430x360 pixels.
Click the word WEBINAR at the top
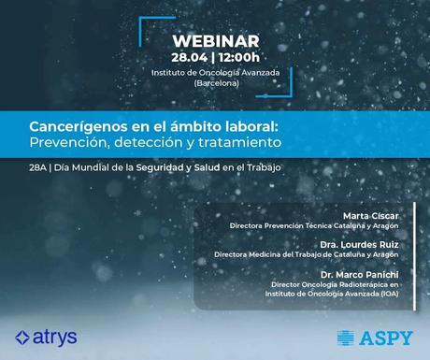[x=216, y=42]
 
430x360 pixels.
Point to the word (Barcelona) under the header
[x=216, y=84]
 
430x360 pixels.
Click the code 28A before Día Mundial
[x=37, y=167]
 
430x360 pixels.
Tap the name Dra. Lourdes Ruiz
[x=371, y=244]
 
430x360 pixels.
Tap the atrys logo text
[x=53, y=336]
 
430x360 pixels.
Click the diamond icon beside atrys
[x=21, y=337]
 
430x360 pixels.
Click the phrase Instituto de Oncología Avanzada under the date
[x=216, y=72]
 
